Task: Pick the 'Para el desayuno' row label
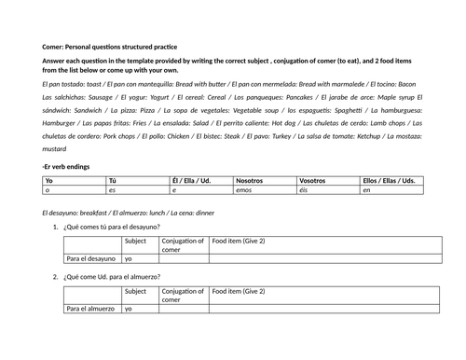tap(91, 258)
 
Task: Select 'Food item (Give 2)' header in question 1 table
tap(239, 241)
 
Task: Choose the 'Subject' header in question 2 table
tap(135, 291)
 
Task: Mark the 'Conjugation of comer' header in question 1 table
tap(183, 245)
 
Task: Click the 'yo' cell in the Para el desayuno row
tap(130, 258)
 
